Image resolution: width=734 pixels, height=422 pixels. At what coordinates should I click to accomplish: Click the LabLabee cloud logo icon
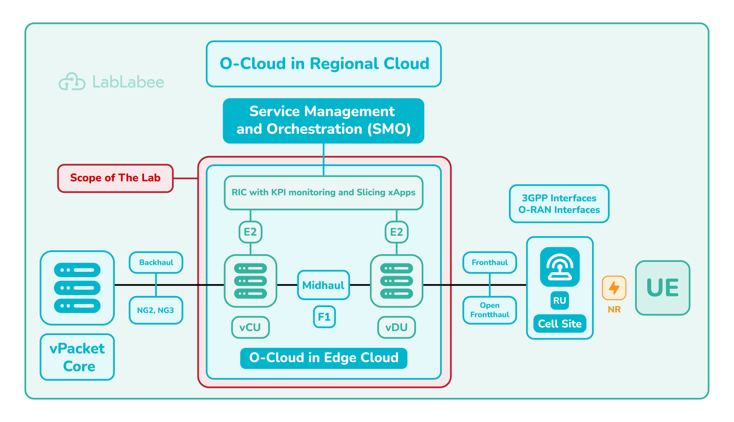(72, 82)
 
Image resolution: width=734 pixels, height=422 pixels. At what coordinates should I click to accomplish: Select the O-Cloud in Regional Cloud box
(324, 64)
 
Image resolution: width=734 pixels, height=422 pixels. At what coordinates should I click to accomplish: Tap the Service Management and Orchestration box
(323, 121)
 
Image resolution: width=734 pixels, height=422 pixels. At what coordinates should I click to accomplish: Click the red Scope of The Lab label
(115, 178)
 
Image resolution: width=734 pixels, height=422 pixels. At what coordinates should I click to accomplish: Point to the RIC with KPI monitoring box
(323, 193)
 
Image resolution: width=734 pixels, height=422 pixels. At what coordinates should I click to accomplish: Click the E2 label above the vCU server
(250, 232)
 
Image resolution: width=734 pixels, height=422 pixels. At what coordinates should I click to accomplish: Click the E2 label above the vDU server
(396, 232)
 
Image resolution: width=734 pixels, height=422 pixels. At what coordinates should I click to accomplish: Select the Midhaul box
(323, 285)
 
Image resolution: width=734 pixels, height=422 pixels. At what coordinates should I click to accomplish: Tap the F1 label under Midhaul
(324, 317)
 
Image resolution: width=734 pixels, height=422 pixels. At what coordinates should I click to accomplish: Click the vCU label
(250, 327)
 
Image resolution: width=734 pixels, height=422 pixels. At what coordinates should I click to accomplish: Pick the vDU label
(396, 327)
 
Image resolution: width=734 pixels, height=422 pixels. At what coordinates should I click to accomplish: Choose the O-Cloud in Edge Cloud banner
(323, 358)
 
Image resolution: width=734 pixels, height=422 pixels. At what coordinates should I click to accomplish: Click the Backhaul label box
(156, 263)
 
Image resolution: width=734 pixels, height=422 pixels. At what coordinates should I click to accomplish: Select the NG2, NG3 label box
(156, 310)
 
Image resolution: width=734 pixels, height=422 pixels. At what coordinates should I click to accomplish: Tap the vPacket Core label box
(77, 357)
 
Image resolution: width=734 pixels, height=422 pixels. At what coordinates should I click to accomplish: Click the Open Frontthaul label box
(490, 310)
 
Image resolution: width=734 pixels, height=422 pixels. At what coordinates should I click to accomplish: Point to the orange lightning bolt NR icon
(614, 288)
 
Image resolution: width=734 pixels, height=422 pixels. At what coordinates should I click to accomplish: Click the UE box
(663, 288)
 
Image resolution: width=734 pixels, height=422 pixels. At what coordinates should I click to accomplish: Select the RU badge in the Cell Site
(560, 301)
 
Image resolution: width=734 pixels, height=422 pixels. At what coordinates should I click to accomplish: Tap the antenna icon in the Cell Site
(560, 267)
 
